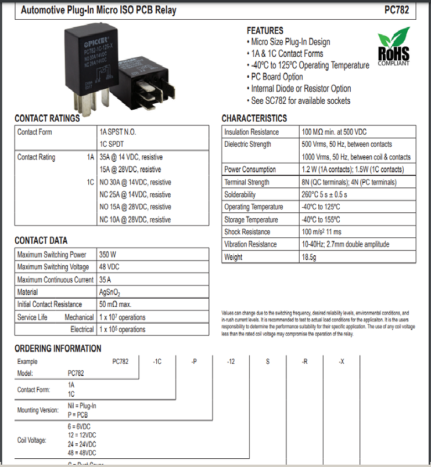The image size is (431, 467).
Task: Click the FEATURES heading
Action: coord(265,30)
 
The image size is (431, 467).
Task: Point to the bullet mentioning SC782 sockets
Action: coord(300,100)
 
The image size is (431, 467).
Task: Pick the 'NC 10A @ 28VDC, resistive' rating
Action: coord(135,219)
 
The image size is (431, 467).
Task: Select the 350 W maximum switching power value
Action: coord(107,255)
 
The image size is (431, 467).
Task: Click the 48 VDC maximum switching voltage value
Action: coord(109,267)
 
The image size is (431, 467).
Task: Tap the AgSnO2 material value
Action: coord(110,292)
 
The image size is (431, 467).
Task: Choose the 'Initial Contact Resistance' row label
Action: coord(49,305)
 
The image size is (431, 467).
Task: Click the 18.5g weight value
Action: coord(310,257)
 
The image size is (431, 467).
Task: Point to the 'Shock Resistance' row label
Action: coord(247,232)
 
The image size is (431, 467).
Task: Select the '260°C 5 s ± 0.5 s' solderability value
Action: coord(324,195)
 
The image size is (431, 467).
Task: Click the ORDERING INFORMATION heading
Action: coord(58,349)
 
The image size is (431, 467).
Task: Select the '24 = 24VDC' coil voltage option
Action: coord(81,444)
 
